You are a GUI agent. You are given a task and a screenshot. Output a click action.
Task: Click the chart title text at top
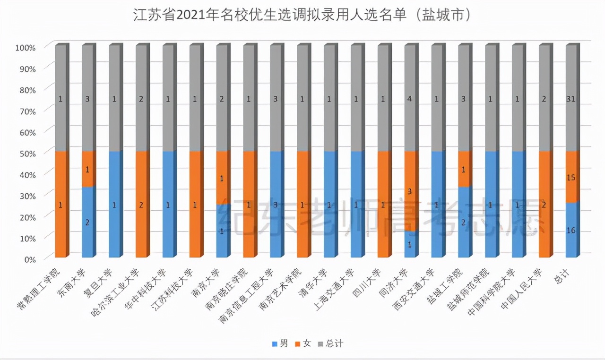point(302,16)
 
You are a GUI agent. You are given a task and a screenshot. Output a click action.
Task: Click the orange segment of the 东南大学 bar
point(88,169)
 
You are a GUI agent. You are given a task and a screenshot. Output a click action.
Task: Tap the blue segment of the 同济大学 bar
point(411,244)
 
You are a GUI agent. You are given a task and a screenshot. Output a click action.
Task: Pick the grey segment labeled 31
point(572,99)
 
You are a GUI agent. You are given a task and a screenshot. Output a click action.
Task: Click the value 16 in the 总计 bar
point(571,230)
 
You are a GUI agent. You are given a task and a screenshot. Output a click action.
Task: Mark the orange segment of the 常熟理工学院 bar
point(61,205)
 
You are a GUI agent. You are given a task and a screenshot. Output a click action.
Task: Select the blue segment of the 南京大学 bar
point(222,231)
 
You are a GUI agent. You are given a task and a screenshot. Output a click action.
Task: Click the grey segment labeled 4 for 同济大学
point(410,99)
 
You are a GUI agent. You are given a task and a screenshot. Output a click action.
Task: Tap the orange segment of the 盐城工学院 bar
point(464,169)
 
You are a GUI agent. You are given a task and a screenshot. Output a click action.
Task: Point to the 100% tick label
point(26,47)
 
